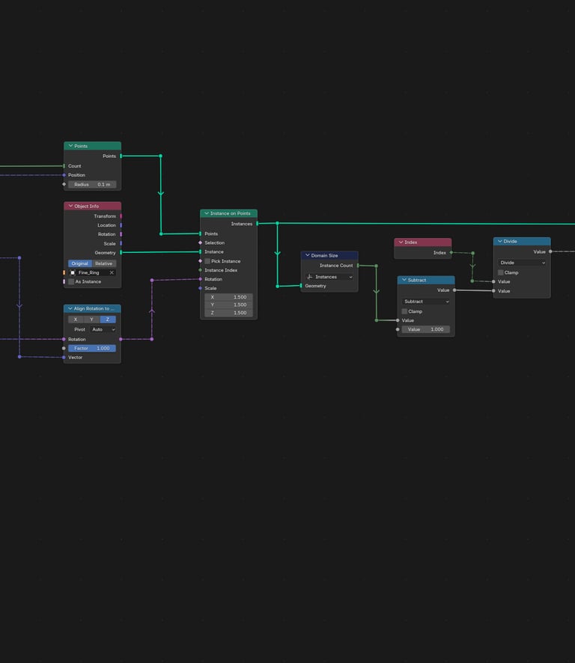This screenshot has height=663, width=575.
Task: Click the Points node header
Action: (x=92, y=146)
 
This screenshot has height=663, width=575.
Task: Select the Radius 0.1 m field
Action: (x=92, y=184)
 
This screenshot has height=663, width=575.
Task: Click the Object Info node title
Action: (x=86, y=207)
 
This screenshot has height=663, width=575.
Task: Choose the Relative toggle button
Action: (x=103, y=263)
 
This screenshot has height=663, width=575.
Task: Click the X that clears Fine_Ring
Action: (x=112, y=272)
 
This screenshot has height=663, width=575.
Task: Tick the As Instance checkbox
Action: (x=71, y=281)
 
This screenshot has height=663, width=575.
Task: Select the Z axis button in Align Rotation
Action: (x=108, y=320)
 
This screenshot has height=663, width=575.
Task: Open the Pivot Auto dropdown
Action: (x=103, y=329)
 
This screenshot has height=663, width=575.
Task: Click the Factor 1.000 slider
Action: (x=92, y=349)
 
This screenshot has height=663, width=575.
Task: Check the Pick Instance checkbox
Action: (x=207, y=261)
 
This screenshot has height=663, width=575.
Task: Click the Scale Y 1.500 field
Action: (x=228, y=305)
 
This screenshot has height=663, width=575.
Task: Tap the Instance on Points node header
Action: (x=228, y=213)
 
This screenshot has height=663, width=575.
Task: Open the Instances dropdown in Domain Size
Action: (x=329, y=277)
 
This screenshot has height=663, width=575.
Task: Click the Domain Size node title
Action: (x=324, y=256)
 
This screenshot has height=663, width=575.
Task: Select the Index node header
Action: (x=423, y=242)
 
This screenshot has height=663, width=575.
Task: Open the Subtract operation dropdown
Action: (x=426, y=302)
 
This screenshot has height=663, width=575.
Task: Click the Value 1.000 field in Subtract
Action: (x=426, y=329)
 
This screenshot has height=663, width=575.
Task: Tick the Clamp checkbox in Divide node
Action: (x=501, y=272)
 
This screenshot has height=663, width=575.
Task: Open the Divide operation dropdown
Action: (x=522, y=263)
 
